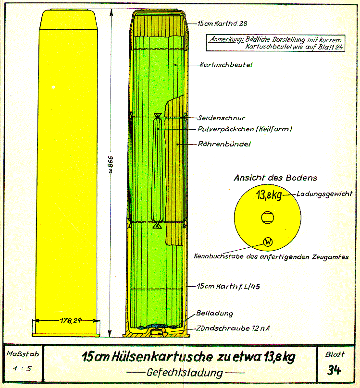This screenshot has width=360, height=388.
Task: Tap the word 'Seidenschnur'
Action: [x=222, y=118]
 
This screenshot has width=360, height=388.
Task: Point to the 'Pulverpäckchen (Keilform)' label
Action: [x=238, y=129]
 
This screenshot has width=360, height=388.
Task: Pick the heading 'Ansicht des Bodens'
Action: [x=275, y=178]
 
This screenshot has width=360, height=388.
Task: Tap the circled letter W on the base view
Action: [x=268, y=242]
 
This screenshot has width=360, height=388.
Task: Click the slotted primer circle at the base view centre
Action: [x=268, y=218]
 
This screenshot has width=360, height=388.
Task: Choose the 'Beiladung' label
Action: [x=215, y=314]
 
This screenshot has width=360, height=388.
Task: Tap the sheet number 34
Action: [x=335, y=370]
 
